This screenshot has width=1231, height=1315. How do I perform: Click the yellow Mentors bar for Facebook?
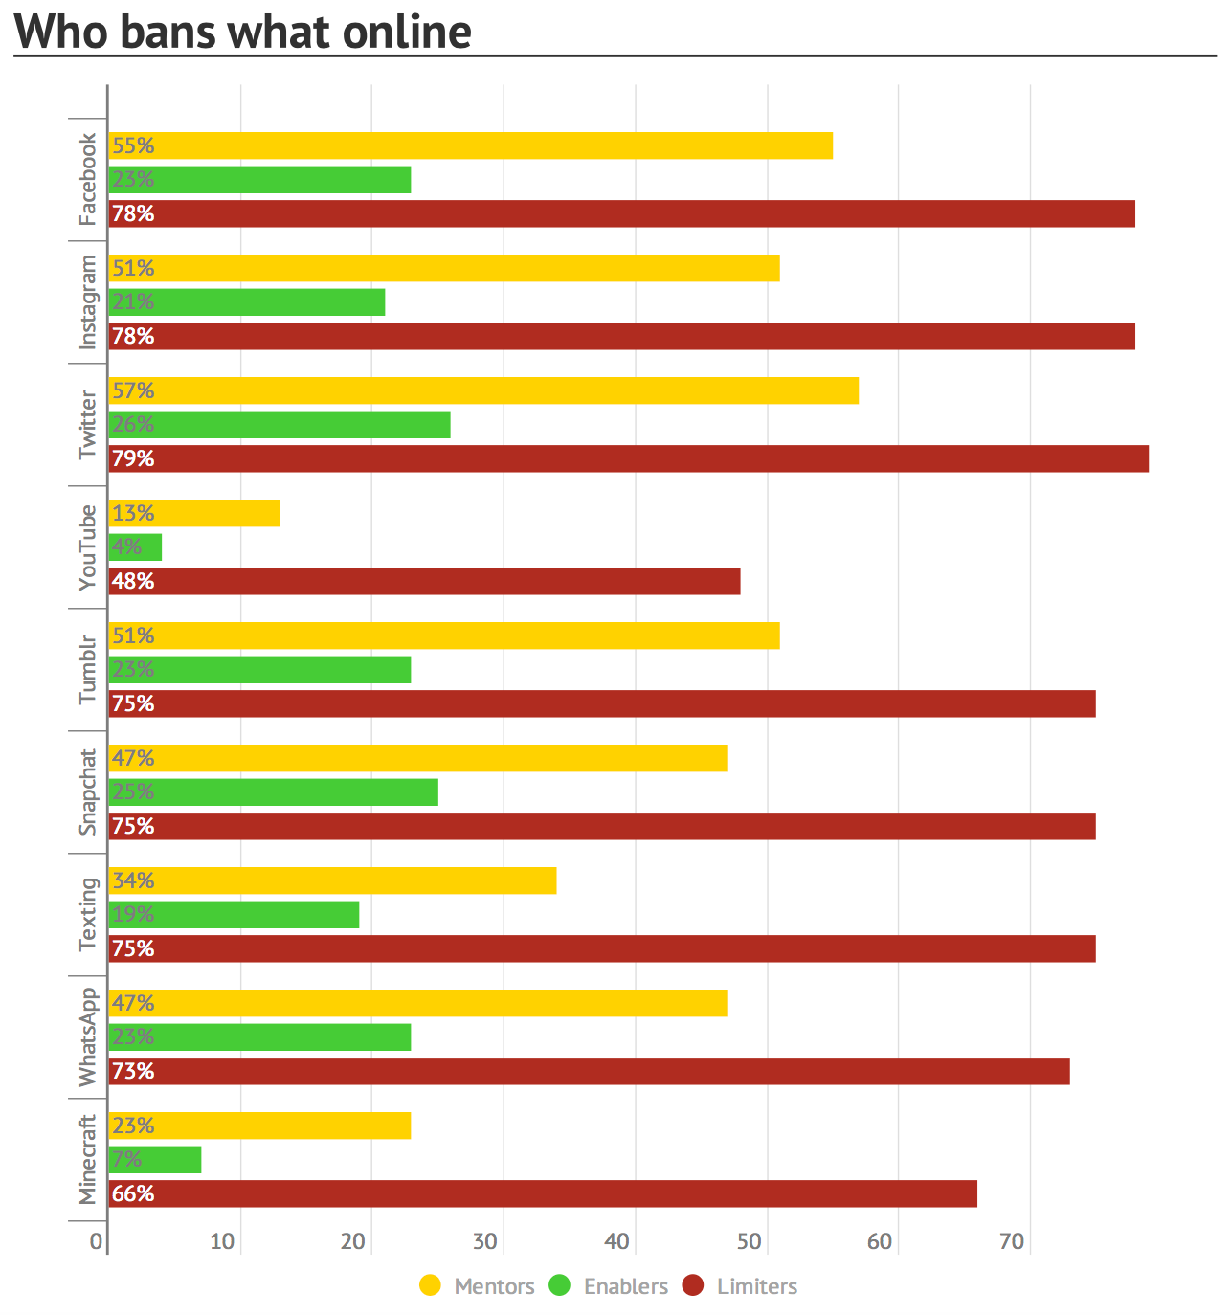(470, 145)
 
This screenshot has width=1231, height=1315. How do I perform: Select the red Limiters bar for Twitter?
(629, 458)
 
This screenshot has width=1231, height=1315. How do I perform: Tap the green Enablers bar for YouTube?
(135, 546)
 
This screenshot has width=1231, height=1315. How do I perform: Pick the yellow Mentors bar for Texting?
(332, 880)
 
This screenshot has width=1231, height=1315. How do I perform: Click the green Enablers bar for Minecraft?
(155, 1159)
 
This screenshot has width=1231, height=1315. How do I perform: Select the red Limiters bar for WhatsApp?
(589, 1071)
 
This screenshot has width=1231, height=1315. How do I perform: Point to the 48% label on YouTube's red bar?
(132, 581)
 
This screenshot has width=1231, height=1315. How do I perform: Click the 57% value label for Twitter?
(132, 390)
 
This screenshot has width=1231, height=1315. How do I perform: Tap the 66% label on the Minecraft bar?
(132, 1193)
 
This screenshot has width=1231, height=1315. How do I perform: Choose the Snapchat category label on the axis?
(87, 791)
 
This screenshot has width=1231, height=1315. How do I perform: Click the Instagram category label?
(87, 301)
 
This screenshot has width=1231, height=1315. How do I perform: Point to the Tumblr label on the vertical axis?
(87, 669)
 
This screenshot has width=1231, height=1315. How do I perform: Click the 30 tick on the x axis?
(485, 1241)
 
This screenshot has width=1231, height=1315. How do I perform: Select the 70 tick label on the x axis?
(1012, 1241)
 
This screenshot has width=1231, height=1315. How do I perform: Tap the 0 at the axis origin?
(96, 1241)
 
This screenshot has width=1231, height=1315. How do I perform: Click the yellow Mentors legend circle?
(430, 1285)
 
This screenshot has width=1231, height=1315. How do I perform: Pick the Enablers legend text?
(626, 1286)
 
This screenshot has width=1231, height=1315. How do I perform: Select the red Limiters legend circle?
(692, 1285)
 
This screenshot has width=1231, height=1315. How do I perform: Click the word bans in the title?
(168, 32)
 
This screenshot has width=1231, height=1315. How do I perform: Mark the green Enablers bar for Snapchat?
(273, 791)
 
